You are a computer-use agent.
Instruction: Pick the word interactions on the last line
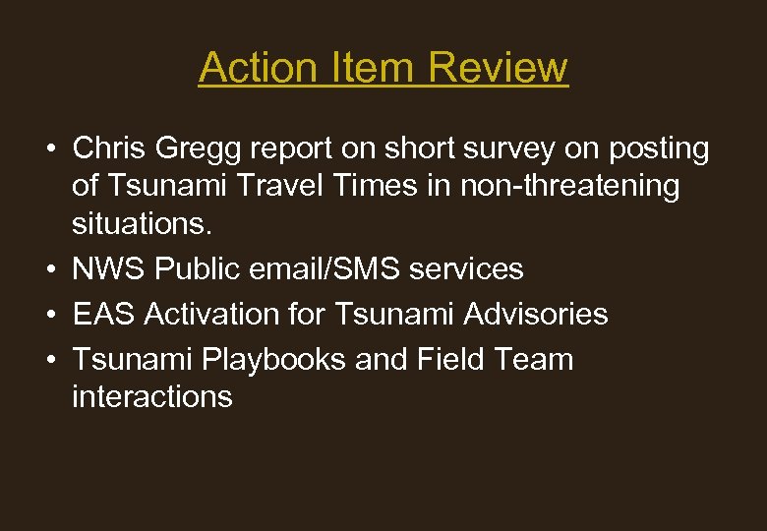pyautogui.click(x=152, y=396)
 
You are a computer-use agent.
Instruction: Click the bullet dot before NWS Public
pyautogui.click(x=47, y=268)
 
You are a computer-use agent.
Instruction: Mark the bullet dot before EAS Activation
pyautogui.click(x=47, y=314)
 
